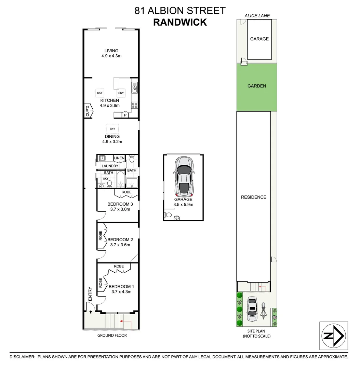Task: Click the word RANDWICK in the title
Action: [180, 22]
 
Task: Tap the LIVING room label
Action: [111, 51]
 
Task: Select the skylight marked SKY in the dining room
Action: [112, 129]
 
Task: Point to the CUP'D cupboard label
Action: [88, 111]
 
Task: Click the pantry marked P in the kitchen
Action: [125, 115]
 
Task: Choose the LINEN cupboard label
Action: [119, 158]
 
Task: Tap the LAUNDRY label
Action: [110, 166]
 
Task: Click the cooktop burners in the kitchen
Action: [134, 106]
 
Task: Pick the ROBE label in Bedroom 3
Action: [126, 192]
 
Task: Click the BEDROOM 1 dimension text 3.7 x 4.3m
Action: [121, 292]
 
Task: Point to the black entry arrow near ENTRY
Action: [91, 312]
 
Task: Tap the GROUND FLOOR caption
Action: [112, 336]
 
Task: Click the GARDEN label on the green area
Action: [257, 86]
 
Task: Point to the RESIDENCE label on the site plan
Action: [253, 197]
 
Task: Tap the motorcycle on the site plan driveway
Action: [264, 311]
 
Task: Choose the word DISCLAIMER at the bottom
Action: [22, 357]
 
